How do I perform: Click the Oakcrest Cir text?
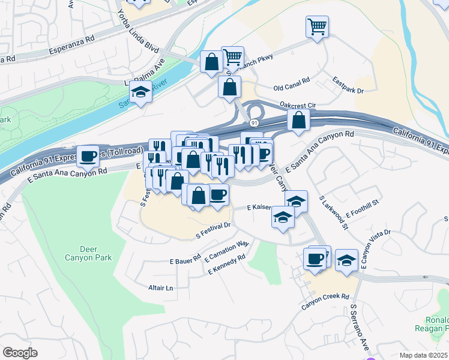click(x=298, y=103)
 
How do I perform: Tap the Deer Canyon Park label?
click(x=95, y=253)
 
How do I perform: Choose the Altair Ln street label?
click(x=160, y=288)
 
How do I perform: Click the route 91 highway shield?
click(x=255, y=122)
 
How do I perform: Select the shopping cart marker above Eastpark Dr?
click(x=317, y=26)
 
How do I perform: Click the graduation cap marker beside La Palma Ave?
click(x=140, y=93)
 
